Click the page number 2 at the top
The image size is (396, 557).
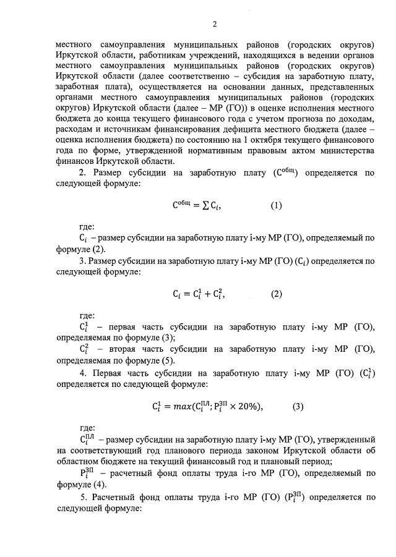pyautogui.click(x=215, y=25)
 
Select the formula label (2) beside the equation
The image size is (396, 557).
pyautogui.click(x=276, y=294)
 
